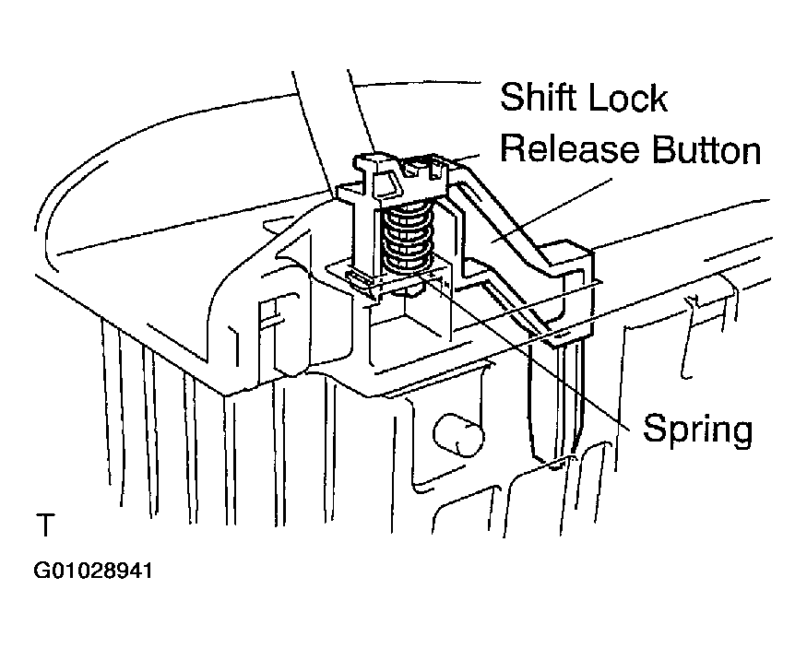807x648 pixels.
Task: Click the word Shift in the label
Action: [x=539, y=97]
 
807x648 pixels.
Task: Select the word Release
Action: [x=570, y=148]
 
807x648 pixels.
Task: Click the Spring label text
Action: [x=698, y=429]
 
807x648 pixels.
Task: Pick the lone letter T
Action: [x=45, y=525]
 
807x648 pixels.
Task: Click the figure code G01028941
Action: [x=93, y=571]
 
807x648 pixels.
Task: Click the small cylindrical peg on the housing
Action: [x=458, y=433]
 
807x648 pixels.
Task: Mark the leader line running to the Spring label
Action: [x=526, y=349]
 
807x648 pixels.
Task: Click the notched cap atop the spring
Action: [x=401, y=177]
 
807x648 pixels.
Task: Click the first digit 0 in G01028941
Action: [x=53, y=571]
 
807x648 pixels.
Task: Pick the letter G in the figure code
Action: [x=41, y=571]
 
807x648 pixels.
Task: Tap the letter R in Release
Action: [x=513, y=148]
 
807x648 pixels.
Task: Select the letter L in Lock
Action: [x=596, y=97]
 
